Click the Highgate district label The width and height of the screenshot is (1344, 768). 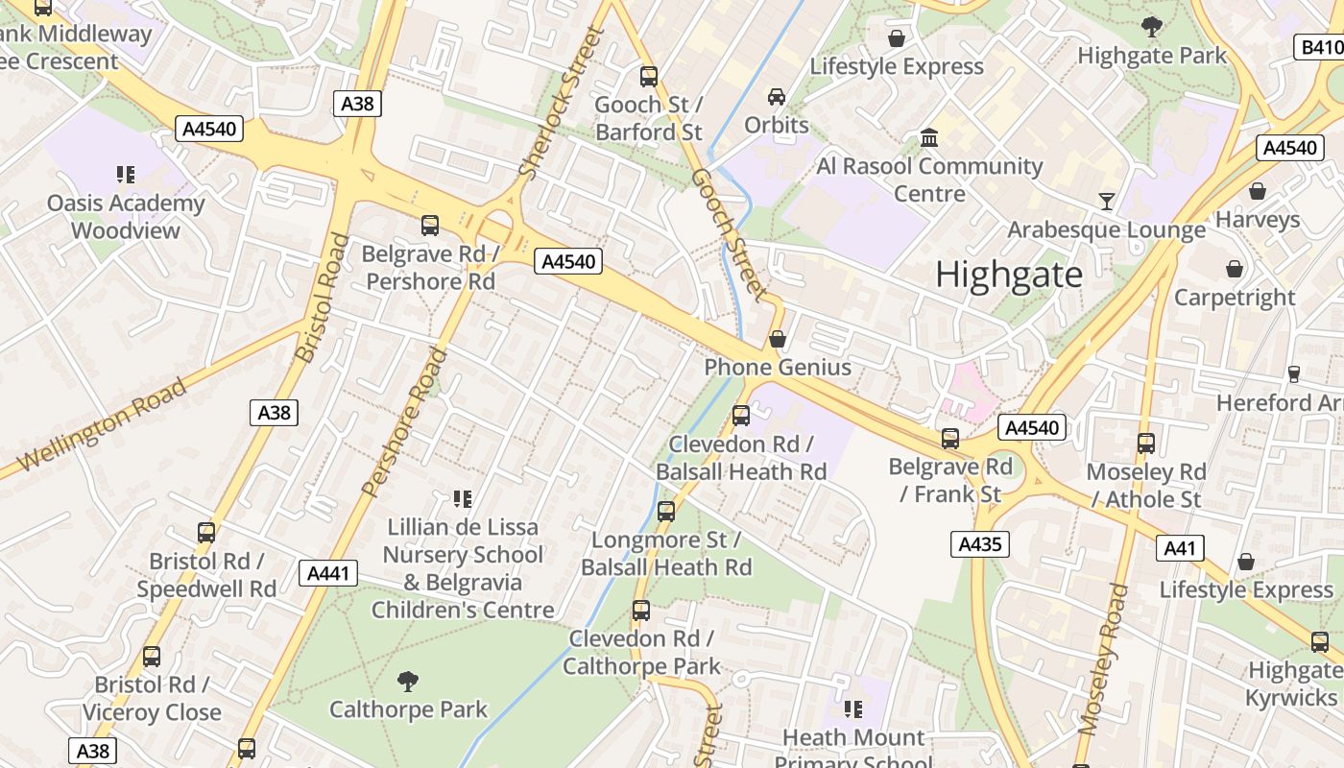(1008, 275)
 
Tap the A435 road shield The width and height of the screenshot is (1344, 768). (980, 544)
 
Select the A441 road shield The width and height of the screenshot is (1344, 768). (327, 574)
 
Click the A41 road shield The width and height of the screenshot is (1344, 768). (1179, 547)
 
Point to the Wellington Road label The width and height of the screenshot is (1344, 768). (102, 424)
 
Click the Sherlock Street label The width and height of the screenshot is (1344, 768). (559, 102)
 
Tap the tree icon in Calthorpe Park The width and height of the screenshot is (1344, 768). (408, 682)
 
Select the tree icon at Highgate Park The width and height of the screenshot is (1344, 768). (1151, 27)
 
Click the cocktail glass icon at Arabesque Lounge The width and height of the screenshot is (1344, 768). (1107, 201)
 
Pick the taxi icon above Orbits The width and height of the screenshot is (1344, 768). (776, 97)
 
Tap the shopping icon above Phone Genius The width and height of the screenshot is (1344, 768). (778, 339)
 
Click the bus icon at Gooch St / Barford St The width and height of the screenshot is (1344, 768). (649, 76)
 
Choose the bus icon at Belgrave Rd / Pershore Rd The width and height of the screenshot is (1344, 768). (430, 226)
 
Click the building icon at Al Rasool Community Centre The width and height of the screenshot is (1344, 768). (928, 137)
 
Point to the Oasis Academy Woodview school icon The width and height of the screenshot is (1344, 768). (126, 175)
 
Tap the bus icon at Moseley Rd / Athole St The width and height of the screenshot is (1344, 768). (1145, 444)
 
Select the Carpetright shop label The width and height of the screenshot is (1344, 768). (1235, 298)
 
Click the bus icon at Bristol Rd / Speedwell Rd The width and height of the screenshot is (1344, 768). (205, 533)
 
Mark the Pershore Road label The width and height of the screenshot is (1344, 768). (405, 422)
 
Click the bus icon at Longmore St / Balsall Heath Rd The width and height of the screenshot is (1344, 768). (666, 512)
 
